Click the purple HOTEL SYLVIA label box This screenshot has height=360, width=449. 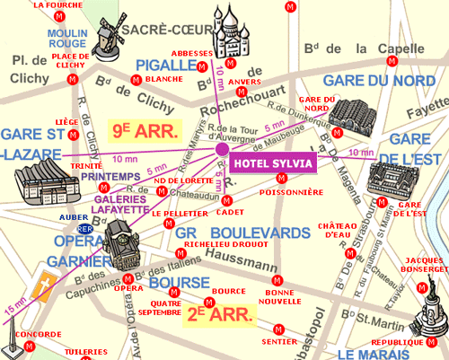(x=274, y=163)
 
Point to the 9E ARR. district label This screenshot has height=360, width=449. (x=144, y=128)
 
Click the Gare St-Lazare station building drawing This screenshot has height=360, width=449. (x=40, y=187)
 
